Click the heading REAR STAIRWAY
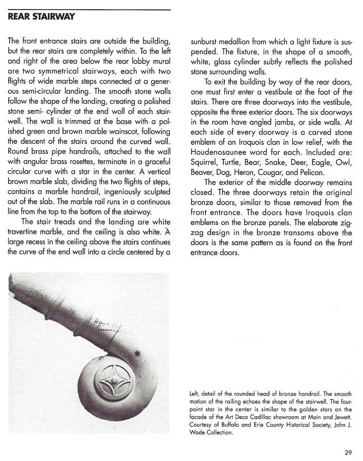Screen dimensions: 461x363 42,17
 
